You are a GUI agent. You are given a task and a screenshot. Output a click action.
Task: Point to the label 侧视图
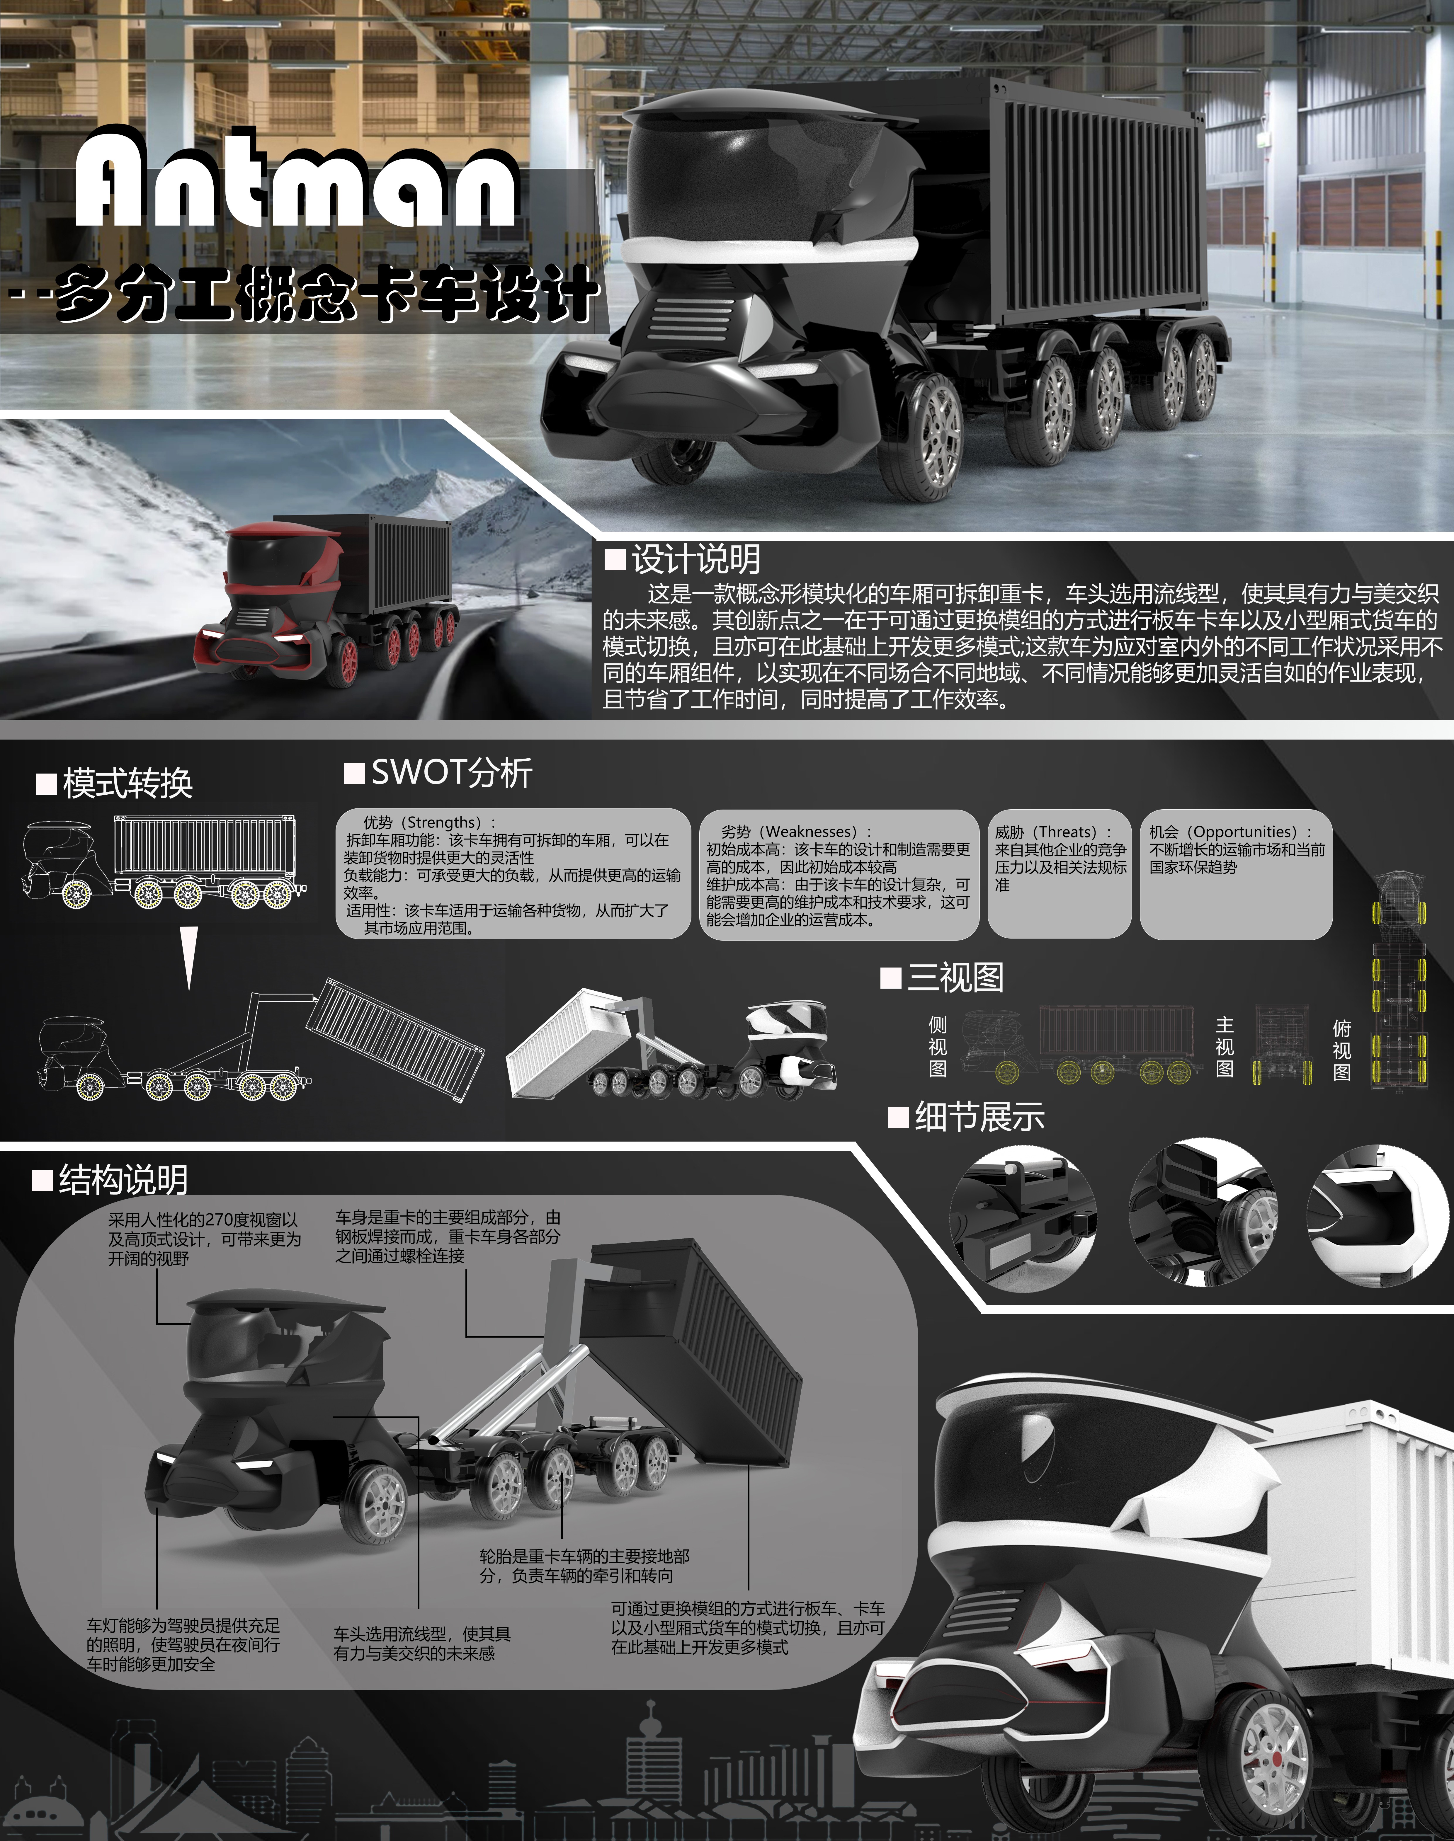(x=937, y=1047)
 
